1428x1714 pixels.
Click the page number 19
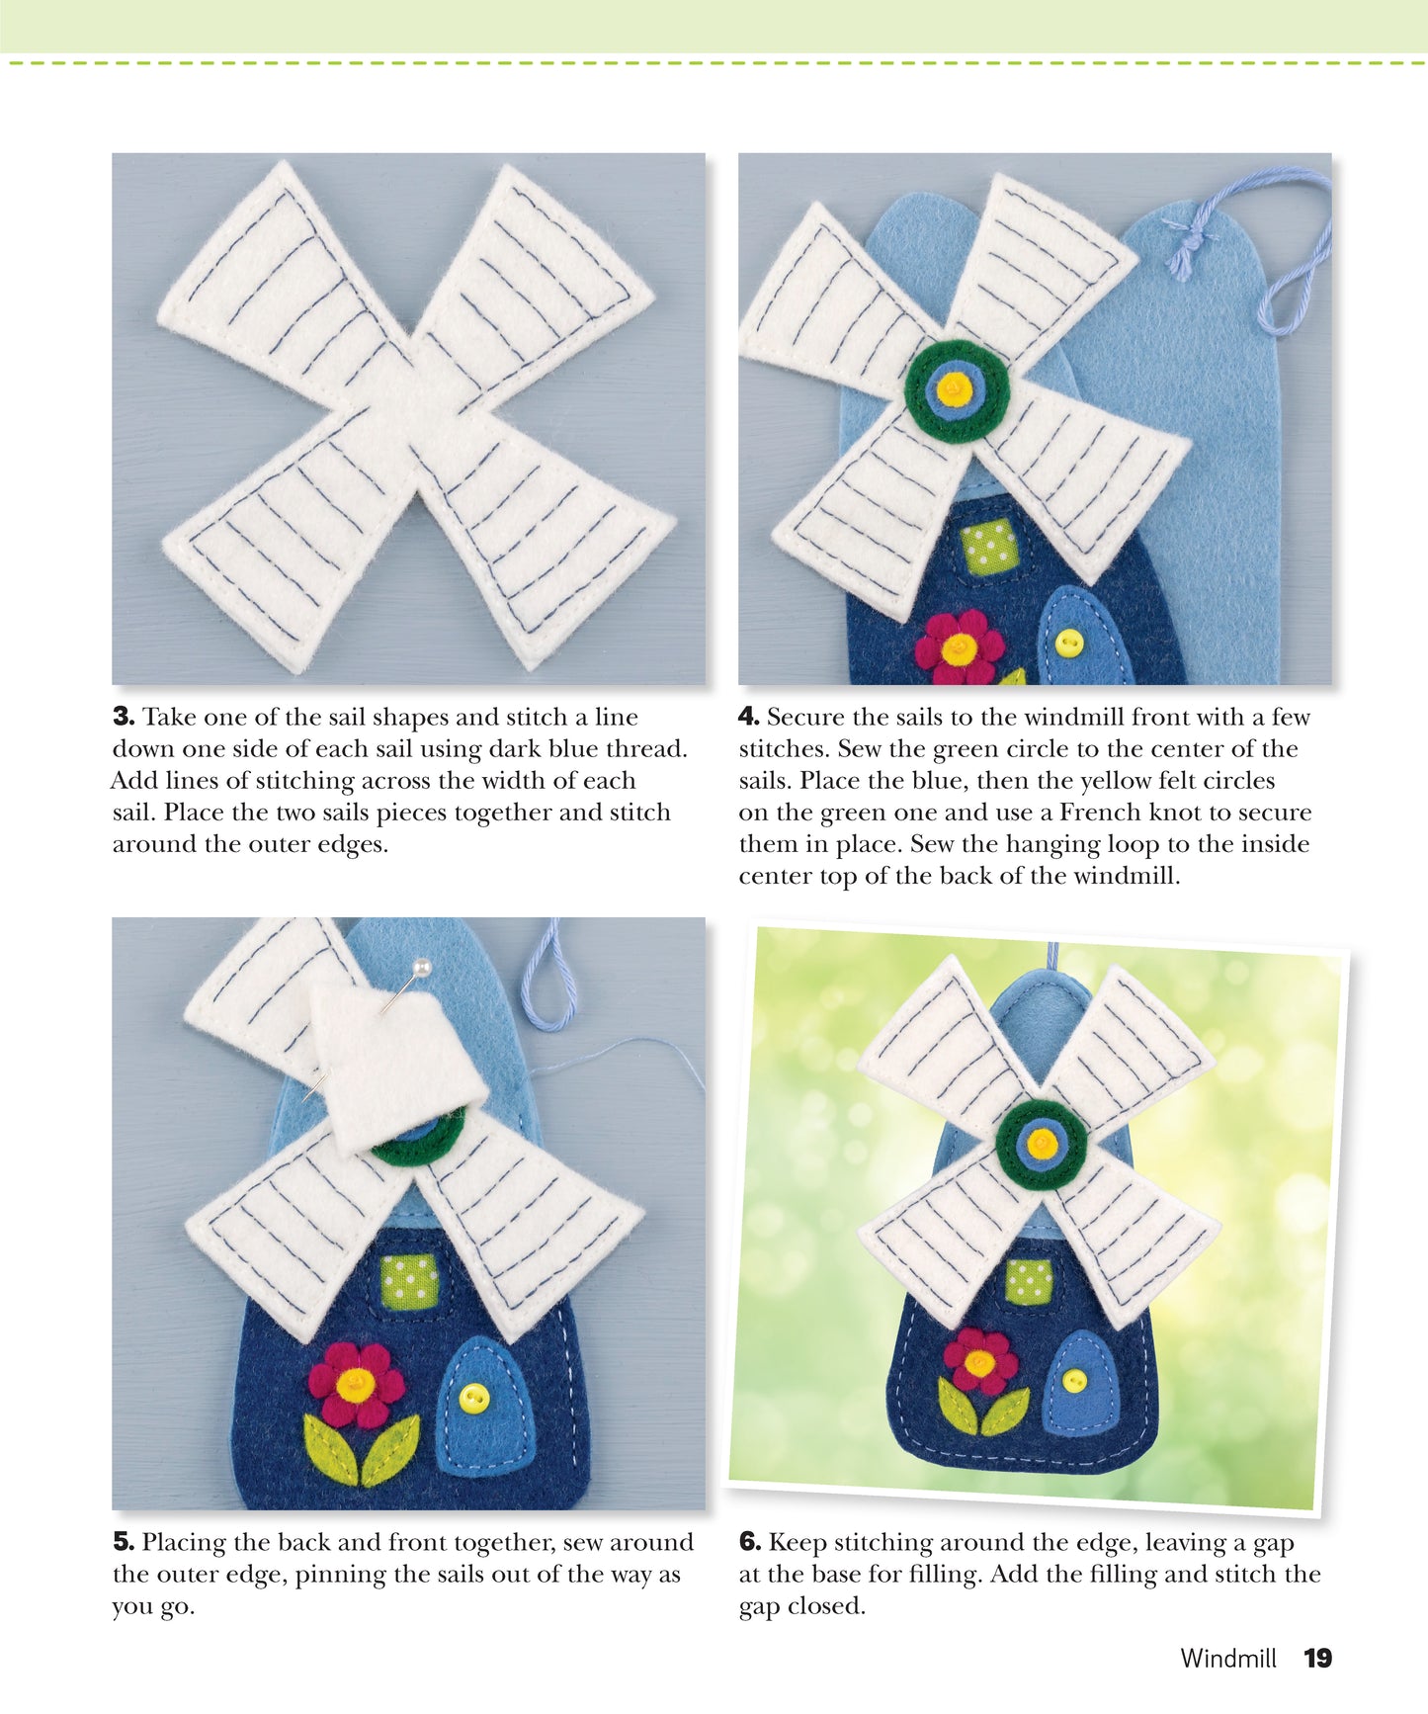coord(1318,1658)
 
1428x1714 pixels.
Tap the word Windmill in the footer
coord(1228,1658)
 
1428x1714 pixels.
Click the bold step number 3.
coord(123,717)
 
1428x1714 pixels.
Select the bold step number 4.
coord(749,717)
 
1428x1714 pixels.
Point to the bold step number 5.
coord(123,1542)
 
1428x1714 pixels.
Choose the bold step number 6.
coord(749,1542)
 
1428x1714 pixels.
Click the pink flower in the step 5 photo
coord(355,1385)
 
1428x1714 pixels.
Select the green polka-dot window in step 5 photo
coord(410,1281)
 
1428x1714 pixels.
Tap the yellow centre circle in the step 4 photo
coord(953,387)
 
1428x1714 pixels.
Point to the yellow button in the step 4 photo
coord(1068,643)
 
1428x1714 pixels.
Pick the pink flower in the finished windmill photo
coord(979,1361)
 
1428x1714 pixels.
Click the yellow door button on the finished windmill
coord(1073,1379)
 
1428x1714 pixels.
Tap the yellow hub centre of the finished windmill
coord(1042,1144)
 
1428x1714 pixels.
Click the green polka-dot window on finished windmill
coord(1029,1281)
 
